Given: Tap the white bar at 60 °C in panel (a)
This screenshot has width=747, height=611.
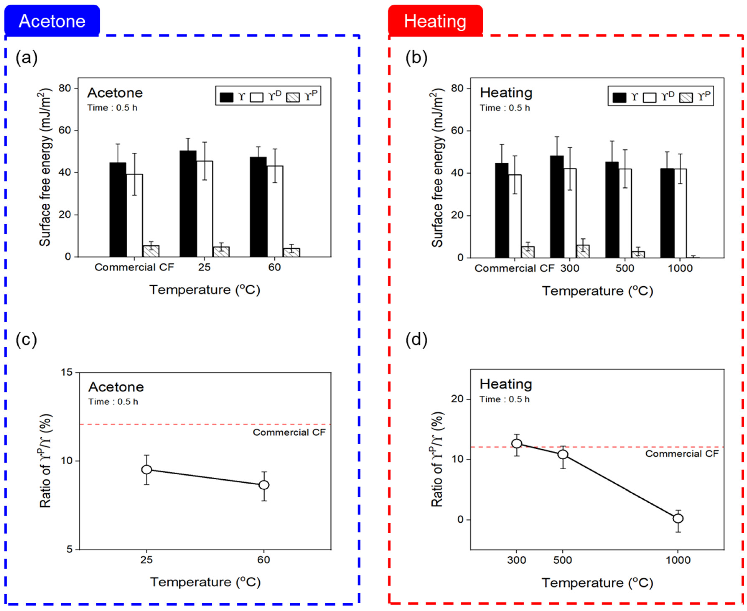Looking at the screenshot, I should click(275, 211).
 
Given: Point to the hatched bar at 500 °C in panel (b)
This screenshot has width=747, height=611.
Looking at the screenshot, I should click(638, 254).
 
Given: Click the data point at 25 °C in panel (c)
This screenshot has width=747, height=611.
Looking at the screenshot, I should click(146, 470).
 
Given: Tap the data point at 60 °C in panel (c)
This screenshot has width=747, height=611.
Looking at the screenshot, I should click(264, 485).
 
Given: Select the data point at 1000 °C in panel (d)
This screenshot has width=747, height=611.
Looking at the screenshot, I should click(678, 518).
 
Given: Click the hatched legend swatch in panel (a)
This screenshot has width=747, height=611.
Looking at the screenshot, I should click(292, 97).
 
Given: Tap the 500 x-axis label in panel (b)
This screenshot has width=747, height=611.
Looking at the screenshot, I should click(625, 268).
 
